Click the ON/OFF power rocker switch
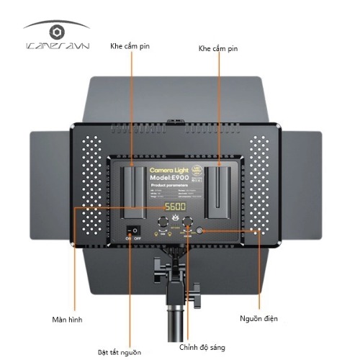(x=131, y=233)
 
